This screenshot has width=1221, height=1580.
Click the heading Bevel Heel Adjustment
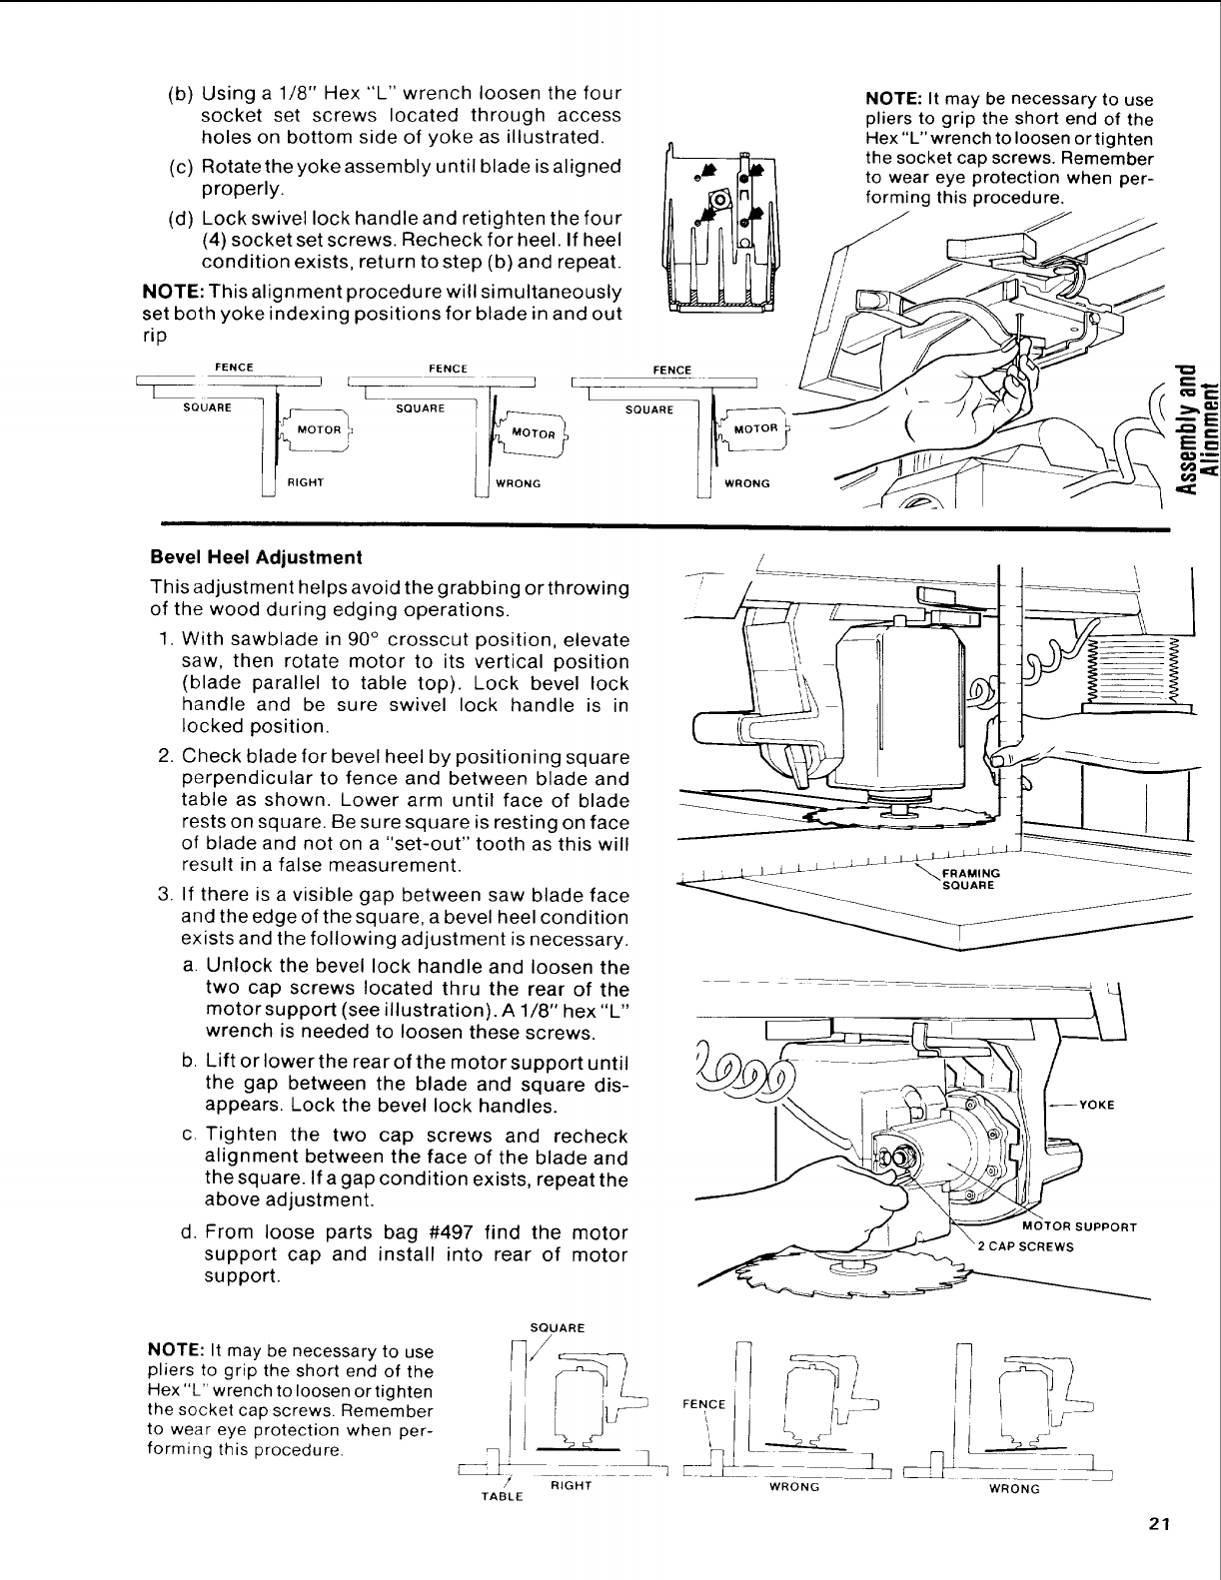coord(255,556)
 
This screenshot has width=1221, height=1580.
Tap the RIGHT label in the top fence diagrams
coord(305,482)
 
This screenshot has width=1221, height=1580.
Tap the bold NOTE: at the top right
coord(893,100)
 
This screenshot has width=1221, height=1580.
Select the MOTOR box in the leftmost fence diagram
coord(319,429)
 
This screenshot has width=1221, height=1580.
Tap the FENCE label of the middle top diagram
coord(448,369)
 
